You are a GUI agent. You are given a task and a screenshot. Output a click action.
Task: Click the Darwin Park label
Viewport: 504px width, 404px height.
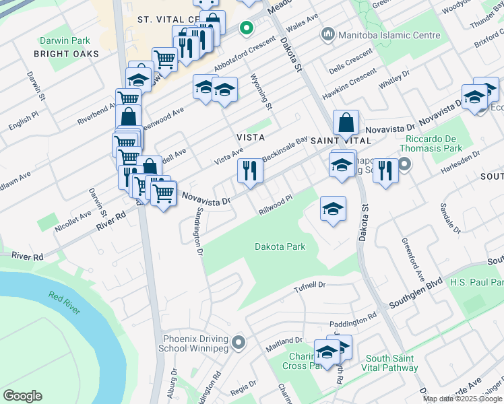[65, 40]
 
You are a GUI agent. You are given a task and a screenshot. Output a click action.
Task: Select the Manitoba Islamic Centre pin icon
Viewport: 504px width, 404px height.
[328, 34]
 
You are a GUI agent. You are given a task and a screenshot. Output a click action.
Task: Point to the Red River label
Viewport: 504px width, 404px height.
[64, 303]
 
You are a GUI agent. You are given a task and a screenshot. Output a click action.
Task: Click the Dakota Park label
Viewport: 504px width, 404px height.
[280, 246]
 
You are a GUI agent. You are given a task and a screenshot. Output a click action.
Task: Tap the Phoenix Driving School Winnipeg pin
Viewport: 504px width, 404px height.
[238, 344]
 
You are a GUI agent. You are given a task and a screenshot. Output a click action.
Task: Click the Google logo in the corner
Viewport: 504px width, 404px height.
[22, 396]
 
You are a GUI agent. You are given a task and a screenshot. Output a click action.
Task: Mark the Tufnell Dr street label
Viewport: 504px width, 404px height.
[310, 285]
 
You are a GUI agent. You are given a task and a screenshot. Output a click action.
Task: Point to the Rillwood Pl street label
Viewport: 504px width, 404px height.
[276, 204]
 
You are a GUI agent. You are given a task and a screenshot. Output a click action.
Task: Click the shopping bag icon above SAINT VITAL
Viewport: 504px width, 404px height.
[346, 124]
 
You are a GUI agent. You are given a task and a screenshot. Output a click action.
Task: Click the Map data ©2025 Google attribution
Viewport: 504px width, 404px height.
[463, 399]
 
